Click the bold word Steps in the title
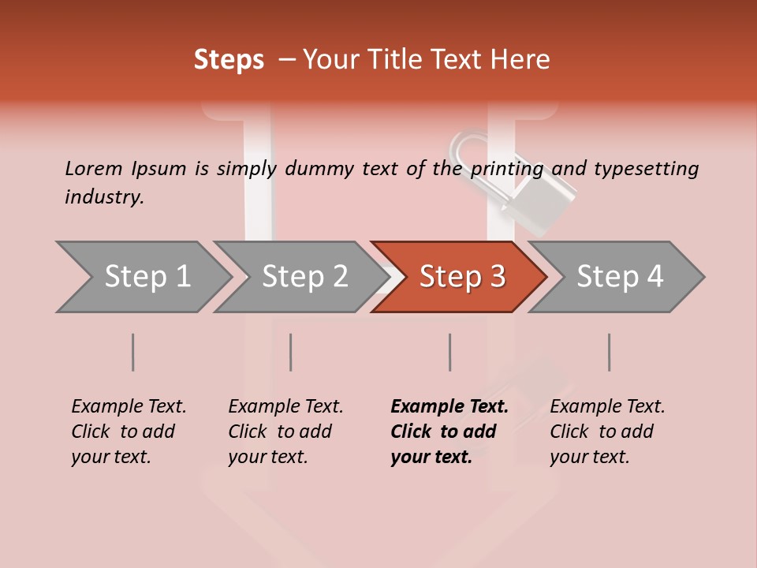pyautogui.click(x=229, y=60)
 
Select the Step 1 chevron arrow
pyautogui.click(x=142, y=277)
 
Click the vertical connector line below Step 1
pyautogui.click(x=133, y=352)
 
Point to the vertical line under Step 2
pyautogui.click(x=291, y=352)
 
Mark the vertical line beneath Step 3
pyautogui.click(x=450, y=352)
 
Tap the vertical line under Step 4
pyautogui.click(x=610, y=352)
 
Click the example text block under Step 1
pyautogui.click(x=128, y=432)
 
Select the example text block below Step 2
pyautogui.click(x=285, y=432)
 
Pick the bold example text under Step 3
pyautogui.click(x=449, y=432)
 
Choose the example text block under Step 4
pyautogui.click(x=606, y=432)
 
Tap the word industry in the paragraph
pyautogui.click(x=103, y=197)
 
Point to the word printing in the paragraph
pyautogui.click(x=507, y=169)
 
